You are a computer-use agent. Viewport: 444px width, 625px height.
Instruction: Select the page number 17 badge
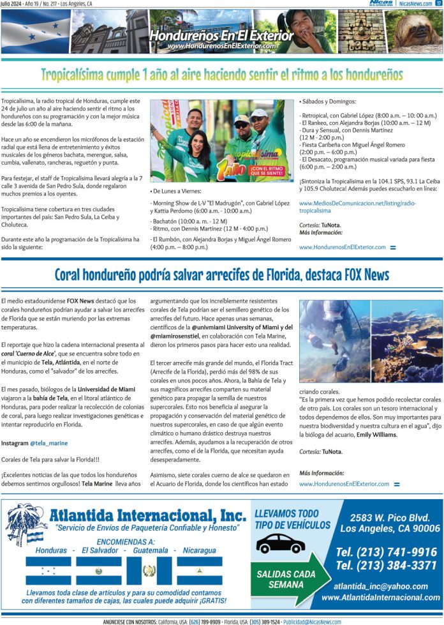[438, 3]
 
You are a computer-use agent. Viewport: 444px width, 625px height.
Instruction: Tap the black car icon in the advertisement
[280, 543]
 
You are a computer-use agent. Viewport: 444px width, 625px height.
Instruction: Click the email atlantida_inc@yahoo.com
[381, 586]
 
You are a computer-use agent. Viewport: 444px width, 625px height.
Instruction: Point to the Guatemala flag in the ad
[149, 570]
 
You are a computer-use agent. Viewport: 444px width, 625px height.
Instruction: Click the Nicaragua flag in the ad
[199, 570]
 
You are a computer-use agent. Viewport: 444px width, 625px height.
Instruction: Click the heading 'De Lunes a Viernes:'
[177, 191]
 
